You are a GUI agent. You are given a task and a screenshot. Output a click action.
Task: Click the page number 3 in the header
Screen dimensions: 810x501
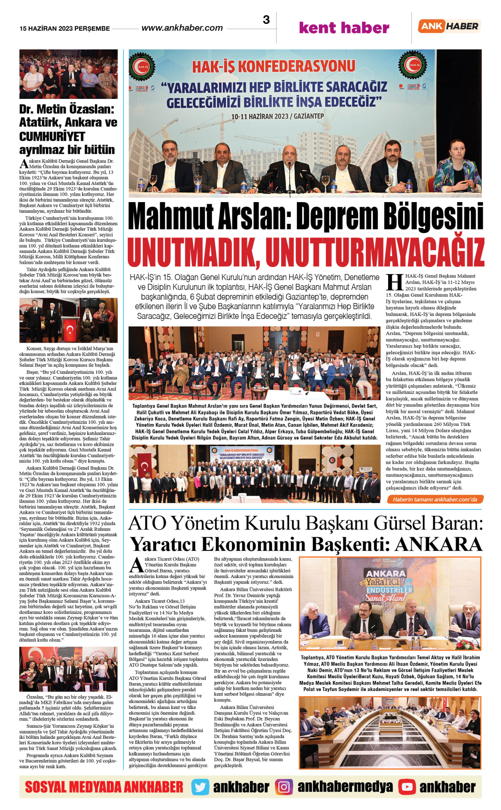tap(266, 20)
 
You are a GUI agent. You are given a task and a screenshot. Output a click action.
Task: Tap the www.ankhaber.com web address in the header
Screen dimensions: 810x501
tap(182, 28)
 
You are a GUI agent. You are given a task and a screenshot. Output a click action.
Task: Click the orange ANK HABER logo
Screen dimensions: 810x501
tap(449, 26)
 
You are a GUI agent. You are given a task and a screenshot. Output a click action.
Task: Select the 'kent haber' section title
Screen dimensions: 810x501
tap(344, 28)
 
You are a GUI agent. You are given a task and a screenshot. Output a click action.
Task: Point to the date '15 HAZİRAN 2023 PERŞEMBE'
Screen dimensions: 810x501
tap(64, 29)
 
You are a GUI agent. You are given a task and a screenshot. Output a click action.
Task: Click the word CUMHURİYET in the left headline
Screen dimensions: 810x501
tap(52, 137)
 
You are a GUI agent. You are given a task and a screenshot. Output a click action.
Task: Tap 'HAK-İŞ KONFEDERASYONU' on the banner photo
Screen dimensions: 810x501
tap(274, 67)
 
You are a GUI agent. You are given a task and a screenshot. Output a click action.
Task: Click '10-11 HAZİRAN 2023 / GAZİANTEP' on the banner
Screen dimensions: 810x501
tap(277, 116)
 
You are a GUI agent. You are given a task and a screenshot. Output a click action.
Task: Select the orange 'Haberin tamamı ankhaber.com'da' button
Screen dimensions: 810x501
tap(435, 499)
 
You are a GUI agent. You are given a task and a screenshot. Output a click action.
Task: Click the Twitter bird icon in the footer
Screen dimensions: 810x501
tap(200, 787)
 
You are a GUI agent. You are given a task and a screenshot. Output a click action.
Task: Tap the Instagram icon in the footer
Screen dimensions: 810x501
tap(284, 787)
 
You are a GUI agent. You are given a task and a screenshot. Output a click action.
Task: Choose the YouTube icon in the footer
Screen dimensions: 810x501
tap(407, 787)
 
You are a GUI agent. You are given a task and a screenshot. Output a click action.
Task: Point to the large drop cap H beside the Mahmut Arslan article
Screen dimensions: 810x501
tap(394, 283)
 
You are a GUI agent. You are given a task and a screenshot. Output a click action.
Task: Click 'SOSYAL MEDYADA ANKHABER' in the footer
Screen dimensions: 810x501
tap(104, 787)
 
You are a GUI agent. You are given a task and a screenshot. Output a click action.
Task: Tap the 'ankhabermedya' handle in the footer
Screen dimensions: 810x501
tap(345, 787)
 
